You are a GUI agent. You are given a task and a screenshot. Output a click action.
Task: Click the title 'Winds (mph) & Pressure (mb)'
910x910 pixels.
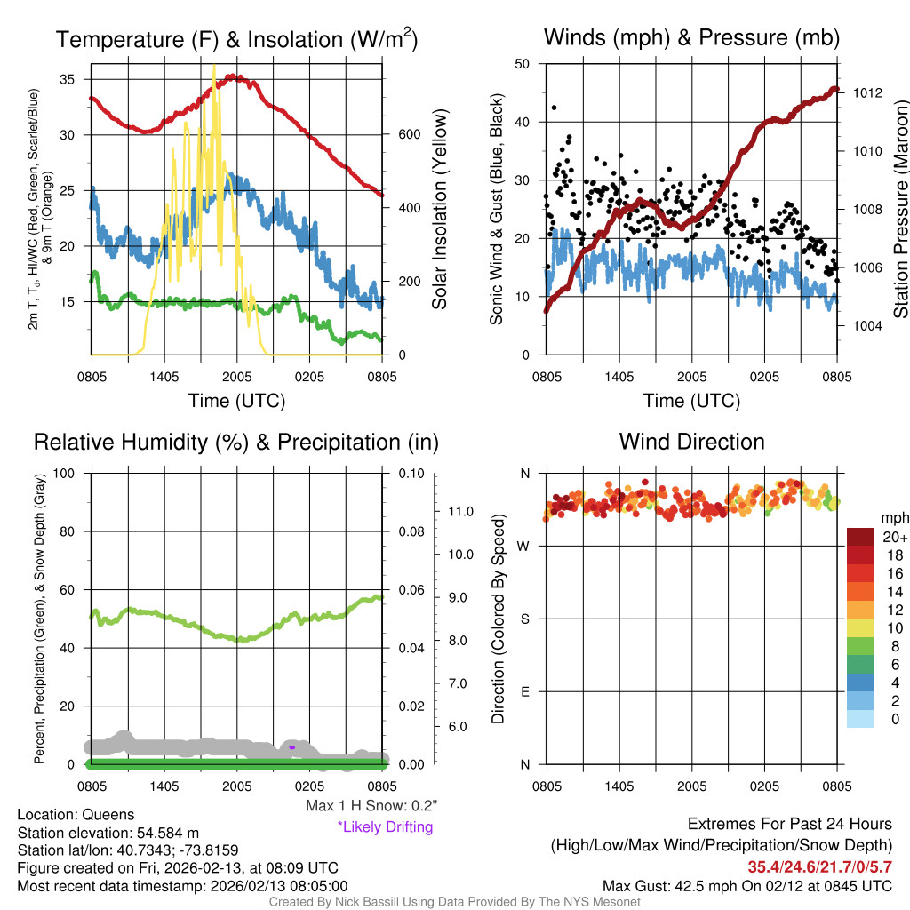click(691, 37)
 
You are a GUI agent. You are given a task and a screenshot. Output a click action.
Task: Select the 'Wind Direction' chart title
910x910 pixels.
click(691, 442)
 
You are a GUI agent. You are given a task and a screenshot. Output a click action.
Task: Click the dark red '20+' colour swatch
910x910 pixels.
click(859, 537)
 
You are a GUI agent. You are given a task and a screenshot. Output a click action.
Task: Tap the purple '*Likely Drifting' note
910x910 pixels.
click(385, 827)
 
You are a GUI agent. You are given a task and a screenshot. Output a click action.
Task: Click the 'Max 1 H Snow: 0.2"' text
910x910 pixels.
click(371, 806)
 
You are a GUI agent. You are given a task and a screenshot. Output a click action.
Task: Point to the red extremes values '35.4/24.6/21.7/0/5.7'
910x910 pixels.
click(818, 867)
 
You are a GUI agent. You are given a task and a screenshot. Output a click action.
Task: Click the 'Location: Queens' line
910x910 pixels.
click(76, 815)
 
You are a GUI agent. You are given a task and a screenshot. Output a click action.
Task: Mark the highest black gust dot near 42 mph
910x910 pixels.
click(554, 108)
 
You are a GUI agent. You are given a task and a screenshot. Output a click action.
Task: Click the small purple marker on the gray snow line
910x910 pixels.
click(292, 747)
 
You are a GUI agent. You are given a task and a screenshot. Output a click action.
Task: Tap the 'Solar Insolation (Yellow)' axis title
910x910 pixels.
click(440, 210)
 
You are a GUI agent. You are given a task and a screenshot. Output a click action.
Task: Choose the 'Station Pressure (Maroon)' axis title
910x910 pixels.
click(900, 210)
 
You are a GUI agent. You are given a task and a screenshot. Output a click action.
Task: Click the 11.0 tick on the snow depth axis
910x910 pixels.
click(459, 512)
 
